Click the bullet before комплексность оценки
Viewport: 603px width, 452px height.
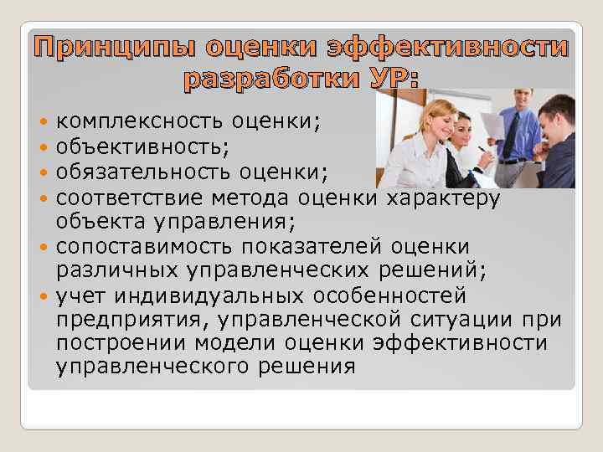click(x=44, y=122)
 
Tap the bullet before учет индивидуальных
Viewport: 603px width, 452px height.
click(x=44, y=297)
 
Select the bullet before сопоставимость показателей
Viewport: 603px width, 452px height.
click(x=44, y=248)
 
